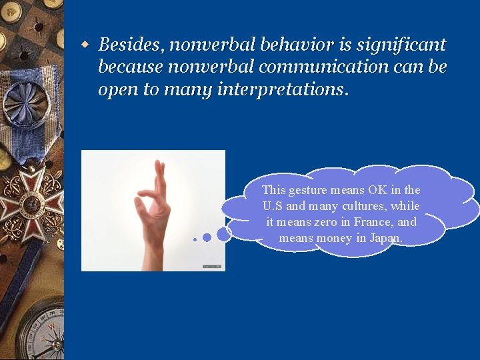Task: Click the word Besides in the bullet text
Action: coord(131,45)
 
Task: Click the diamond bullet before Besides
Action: coord(85,45)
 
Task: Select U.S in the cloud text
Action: coord(273,206)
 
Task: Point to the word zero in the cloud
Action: coord(325,222)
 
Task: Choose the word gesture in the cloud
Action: coord(306,190)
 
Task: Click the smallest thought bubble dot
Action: coord(195,239)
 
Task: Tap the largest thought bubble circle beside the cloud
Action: coord(225,233)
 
